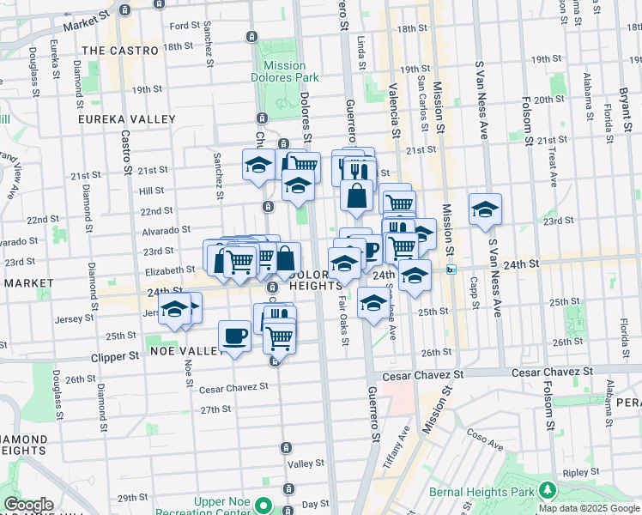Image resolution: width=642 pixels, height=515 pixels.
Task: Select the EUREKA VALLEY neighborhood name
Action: [x=127, y=119]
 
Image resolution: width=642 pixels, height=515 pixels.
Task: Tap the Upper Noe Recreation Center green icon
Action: [x=266, y=506]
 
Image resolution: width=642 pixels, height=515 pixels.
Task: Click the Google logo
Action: [x=27, y=505]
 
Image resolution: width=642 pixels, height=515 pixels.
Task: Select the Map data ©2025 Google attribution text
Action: [x=589, y=508]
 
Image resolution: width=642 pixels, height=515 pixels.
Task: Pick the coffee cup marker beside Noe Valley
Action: [x=234, y=336]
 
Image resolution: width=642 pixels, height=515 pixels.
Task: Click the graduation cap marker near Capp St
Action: [x=485, y=209]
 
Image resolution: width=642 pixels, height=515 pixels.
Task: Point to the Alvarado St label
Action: [x=166, y=230]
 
